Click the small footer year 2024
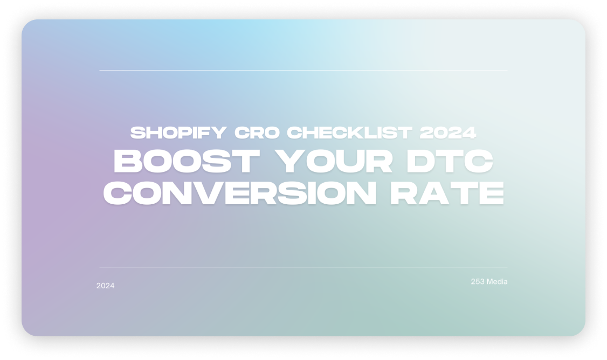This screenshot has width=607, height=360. (x=105, y=286)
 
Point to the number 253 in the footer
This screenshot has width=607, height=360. (x=478, y=282)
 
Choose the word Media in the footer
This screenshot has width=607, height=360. (x=497, y=282)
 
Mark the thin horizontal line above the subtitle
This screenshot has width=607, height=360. (x=303, y=70)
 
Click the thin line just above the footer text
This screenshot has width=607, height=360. (x=303, y=267)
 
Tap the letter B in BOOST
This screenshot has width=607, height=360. (x=127, y=162)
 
